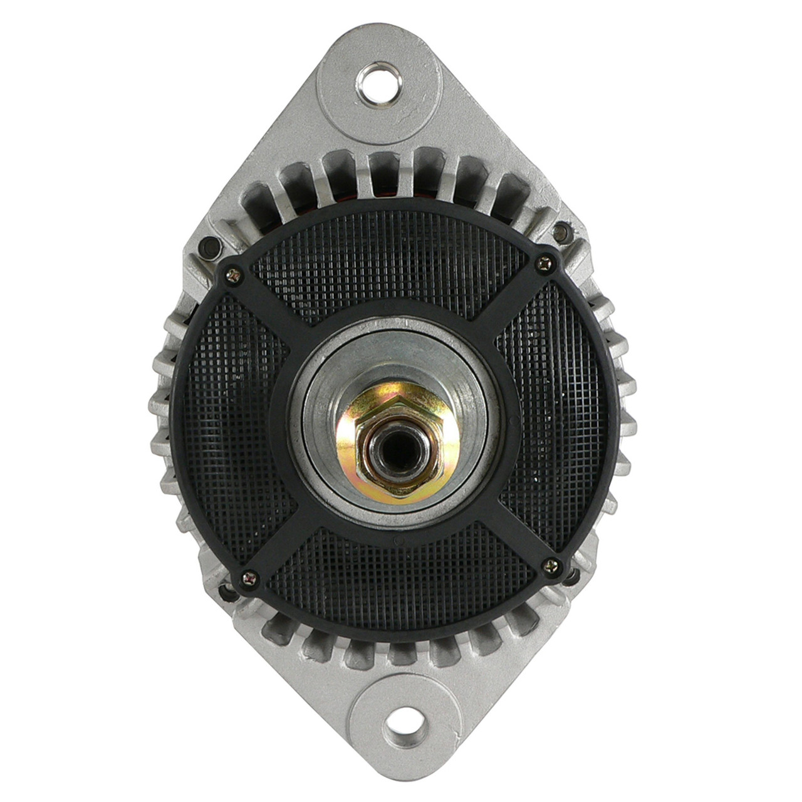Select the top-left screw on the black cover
pyautogui.click(x=233, y=273)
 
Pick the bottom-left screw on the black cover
pyautogui.click(x=250, y=578)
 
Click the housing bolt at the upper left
pyautogui.click(x=211, y=246)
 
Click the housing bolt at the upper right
pyautogui.click(x=562, y=231)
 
